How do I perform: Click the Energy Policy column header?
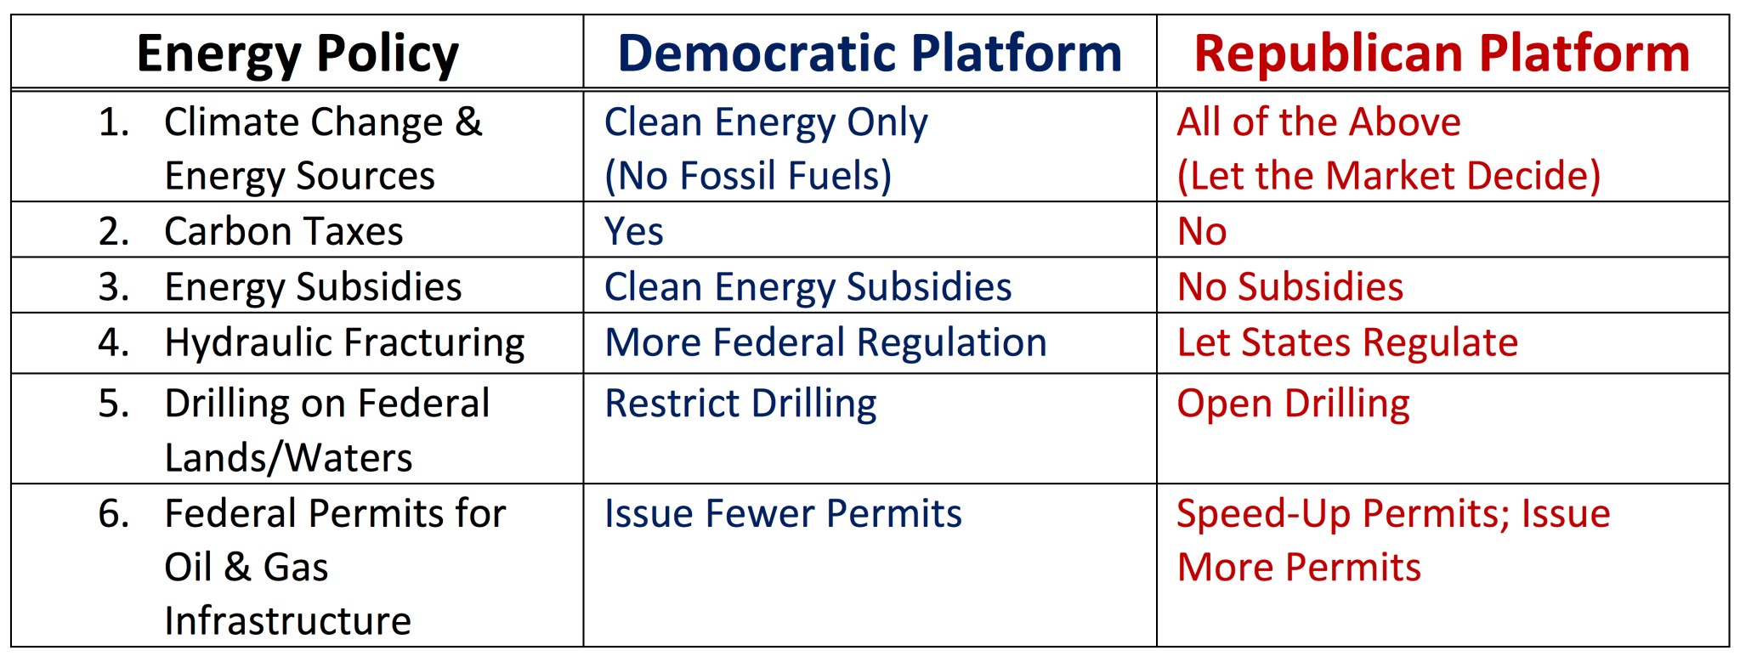[x=298, y=54]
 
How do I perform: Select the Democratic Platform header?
[x=869, y=54]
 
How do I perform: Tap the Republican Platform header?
[x=1442, y=54]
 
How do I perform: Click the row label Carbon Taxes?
[x=283, y=231]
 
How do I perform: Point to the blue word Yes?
[x=633, y=231]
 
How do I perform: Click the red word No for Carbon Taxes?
[x=1201, y=231]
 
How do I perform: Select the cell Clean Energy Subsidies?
[x=808, y=287]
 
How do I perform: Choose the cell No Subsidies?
[x=1289, y=287]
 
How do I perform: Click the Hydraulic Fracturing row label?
[x=344, y=342]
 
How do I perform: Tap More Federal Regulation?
[x=825, y=342]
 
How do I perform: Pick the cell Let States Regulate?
[x=1347, y=342]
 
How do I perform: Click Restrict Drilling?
[x=740, y=404]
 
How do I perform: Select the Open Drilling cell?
[x=1293, y=404]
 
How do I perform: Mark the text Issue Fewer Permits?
[x=783, y=514]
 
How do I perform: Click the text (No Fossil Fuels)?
[x=748, y=176]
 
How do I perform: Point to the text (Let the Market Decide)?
[x=1388, y=176]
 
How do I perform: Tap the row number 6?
[x=113, y=514]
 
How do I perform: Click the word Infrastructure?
[x=287, y=621]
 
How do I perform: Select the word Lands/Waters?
[x=288, y=458]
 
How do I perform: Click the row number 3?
[x=113, y=287]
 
